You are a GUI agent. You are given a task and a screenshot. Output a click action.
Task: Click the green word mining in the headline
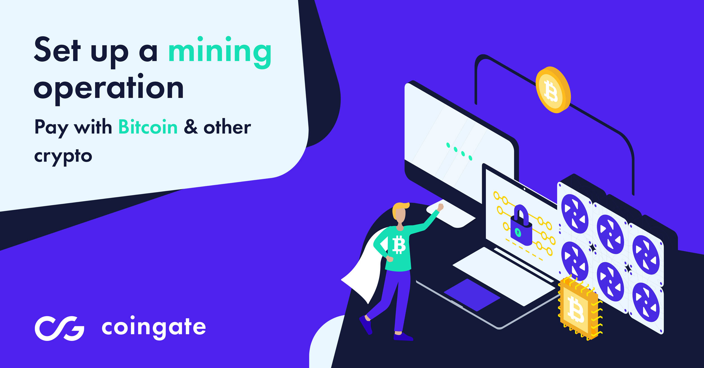pyautogui.click(x=220, y=53)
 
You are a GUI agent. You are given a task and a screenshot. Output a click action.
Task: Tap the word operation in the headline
pyautogui.click(x=109, y=89)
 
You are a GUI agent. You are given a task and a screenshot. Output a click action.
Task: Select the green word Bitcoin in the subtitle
pyautogui.click(x=148, y=127)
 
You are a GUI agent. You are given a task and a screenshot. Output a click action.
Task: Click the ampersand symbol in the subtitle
pyautogui.click(x=191, y=127)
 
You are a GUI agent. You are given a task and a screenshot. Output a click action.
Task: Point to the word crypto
pyautogui.click(x=63, y=157)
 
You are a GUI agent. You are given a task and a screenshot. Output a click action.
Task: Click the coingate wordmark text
pyautogui.click(x=154, y=328)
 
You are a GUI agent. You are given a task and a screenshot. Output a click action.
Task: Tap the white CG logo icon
pyautogui.click(x=59, y=328)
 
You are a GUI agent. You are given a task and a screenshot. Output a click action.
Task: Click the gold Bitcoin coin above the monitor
pyautogui.click(x=553, y=90)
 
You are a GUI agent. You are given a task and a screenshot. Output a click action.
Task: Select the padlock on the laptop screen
pyautogui.click(x=521, y=226)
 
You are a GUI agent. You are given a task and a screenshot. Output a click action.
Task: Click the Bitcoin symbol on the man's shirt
pyautogui.click(x=399, y=244)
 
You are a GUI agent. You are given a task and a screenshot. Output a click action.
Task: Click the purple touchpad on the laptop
pyautogui.click(x=472, y=295)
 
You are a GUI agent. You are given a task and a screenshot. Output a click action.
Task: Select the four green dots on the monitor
pyautogui.click(x=459, y=151)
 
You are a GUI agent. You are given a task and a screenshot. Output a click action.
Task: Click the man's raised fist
pyautogui.click(x=440, y=207)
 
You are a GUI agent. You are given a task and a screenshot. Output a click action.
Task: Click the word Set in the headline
pyautogui.click(x=57, y=50)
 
